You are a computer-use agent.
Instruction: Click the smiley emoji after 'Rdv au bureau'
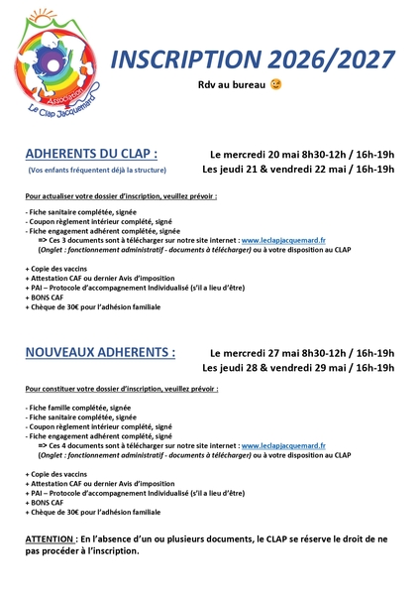[x=275, y=86]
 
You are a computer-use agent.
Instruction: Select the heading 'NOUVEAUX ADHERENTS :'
[x=100, y=352]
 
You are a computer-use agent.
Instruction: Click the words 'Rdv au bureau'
[x=233, y=86]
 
